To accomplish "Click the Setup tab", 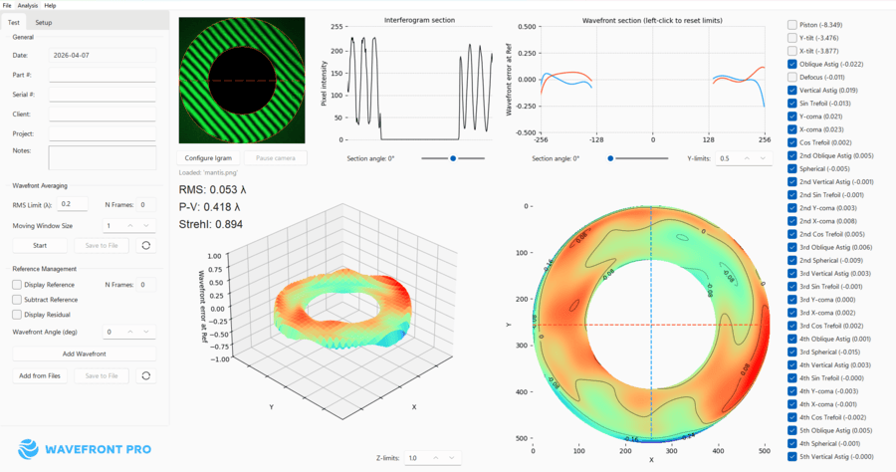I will [x=44, y=22].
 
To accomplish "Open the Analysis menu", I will [x=28, y=6].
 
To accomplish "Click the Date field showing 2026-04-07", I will [x=102, y=55].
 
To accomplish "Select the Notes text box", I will [x=102, y=157].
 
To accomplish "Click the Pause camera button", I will [x=276, y=158].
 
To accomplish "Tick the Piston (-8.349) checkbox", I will [x=792, y=25].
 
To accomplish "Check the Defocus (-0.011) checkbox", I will [x=792, y=77].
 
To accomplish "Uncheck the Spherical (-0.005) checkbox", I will [x=792, y=168].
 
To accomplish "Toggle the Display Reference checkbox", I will [x=17, y=285].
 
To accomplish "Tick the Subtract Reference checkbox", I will [x=17, y=300].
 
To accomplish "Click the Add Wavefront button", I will [x=84, y=354].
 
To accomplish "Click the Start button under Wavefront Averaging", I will [x=40, y=245].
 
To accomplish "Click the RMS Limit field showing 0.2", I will [x=73, y=204].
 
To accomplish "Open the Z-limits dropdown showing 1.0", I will [x=432, y=458].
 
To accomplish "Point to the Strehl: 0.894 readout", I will [x=210, y=224].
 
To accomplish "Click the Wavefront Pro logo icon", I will [x=28, y=449].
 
